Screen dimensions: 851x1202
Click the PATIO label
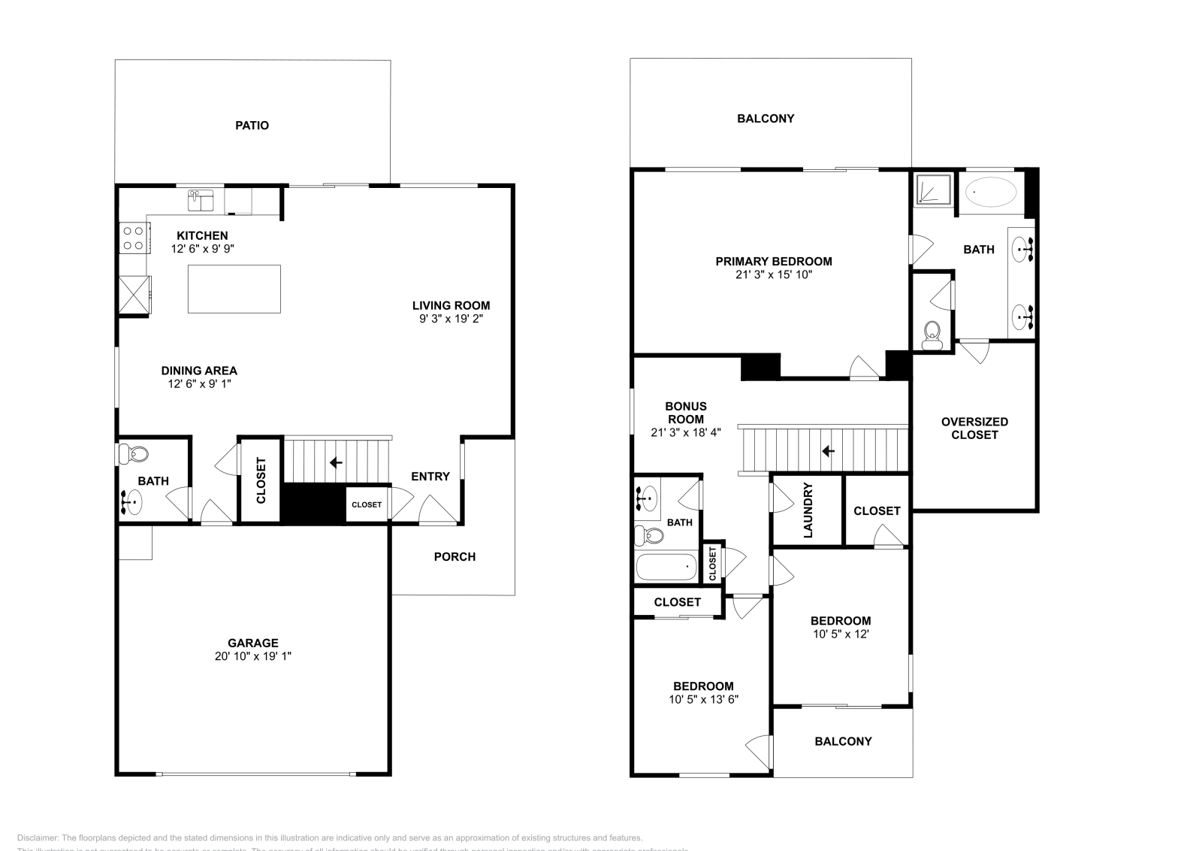252,126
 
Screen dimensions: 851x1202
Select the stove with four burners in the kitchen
134,238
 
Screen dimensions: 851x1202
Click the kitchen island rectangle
234,289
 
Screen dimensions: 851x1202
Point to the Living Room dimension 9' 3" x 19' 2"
451,319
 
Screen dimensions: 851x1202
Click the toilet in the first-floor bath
134,454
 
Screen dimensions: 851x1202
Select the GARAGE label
253,643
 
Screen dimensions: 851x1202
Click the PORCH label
455,556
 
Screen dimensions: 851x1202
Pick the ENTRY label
430,476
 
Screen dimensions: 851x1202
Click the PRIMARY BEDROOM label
774,262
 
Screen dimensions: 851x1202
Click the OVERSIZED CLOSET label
974,428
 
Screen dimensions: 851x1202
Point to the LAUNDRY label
808,510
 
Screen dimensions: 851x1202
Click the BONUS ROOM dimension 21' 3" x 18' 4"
686,432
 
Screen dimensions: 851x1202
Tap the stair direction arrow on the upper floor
828,451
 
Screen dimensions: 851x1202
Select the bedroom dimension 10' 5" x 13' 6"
703,699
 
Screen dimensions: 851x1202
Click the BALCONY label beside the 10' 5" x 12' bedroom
843,741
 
